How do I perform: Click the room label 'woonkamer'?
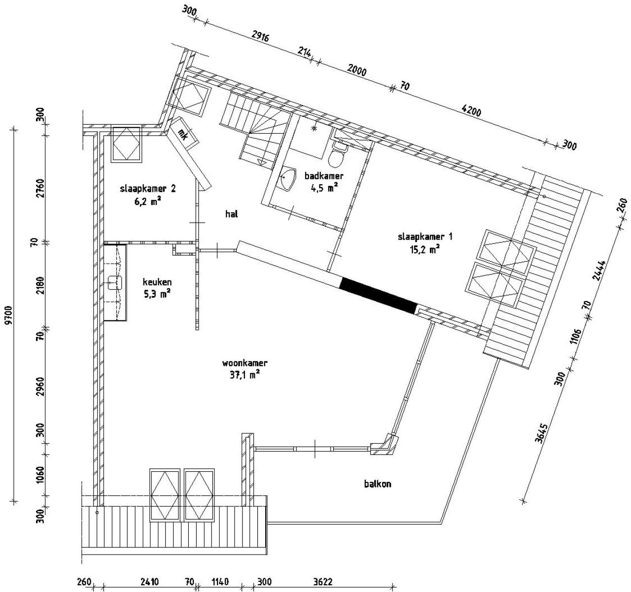point(245,363)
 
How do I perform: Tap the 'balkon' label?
point(378,484)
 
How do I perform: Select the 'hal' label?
point(231,214)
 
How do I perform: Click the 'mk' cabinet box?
point(184,134)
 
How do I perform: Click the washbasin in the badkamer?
point(287,179)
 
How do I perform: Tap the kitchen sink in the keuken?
point(115,282)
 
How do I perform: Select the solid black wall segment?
point(378,296)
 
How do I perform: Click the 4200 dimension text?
point(471,111)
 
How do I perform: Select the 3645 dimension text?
point(541,433)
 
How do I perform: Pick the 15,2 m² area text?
point(425,249)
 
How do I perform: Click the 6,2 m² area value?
point(147,202)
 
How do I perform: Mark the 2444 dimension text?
point(599,270)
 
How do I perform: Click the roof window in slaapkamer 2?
point(127,145)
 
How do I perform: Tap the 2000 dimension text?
point(357,70)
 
